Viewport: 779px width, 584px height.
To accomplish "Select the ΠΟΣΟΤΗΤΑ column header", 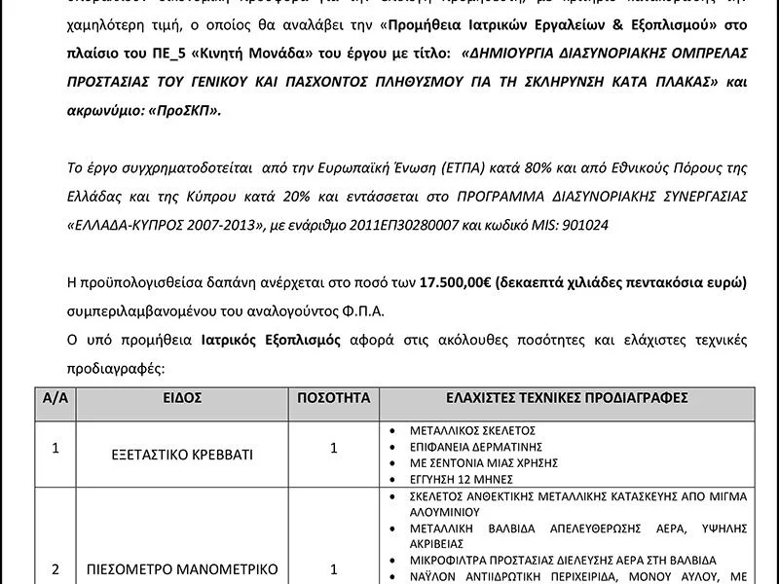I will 334,399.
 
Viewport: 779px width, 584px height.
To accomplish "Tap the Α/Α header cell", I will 55,399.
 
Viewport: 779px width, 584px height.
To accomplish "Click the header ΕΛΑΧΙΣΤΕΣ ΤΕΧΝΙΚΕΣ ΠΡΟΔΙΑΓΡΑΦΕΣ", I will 567,399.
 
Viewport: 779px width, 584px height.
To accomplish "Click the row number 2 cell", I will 55,569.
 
